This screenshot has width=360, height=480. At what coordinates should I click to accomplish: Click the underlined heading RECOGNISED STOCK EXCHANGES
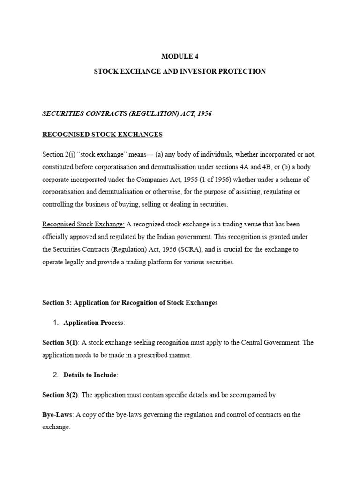[102, 135]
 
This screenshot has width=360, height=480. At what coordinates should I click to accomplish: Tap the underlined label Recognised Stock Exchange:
[83, 224]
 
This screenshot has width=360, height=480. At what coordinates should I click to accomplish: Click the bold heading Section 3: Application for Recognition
[130, 303]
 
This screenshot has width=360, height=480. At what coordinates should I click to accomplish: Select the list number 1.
[55, 322]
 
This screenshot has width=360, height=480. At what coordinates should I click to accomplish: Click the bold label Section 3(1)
[60, 343]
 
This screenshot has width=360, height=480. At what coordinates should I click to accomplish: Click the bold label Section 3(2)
[60, 395]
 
